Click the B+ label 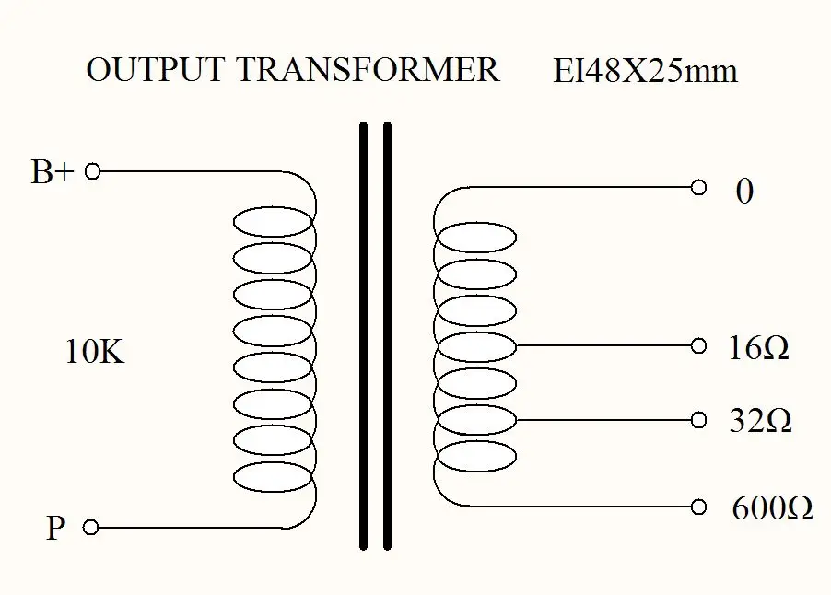coord(52,172)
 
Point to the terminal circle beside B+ coord(91,171)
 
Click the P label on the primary coord(56,529)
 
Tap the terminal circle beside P coord(90,527)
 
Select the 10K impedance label coord(94,352)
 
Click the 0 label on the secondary coord(744,192)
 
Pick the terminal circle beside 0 coord(698,188)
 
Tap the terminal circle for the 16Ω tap coord(698,346)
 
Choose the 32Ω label coord(760,421)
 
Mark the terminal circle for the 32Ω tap coord(698,420)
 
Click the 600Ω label coord(772,508)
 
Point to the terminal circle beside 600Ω coord(698,506)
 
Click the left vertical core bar coord(364,336)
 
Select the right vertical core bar coord(387,336)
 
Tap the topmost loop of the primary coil coord(273,223)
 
